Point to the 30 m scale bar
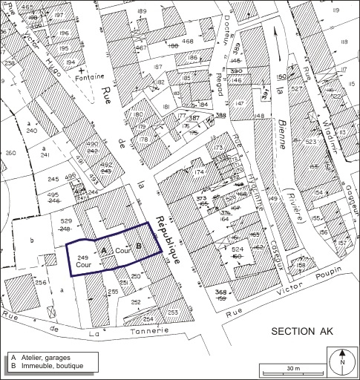click(x=292, y=368)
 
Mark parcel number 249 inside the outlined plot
click(x=83, y=257)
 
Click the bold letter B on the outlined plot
click(x=138, y=246)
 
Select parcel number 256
click(x=41, y=283)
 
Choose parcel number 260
click(x=10, y=154)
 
